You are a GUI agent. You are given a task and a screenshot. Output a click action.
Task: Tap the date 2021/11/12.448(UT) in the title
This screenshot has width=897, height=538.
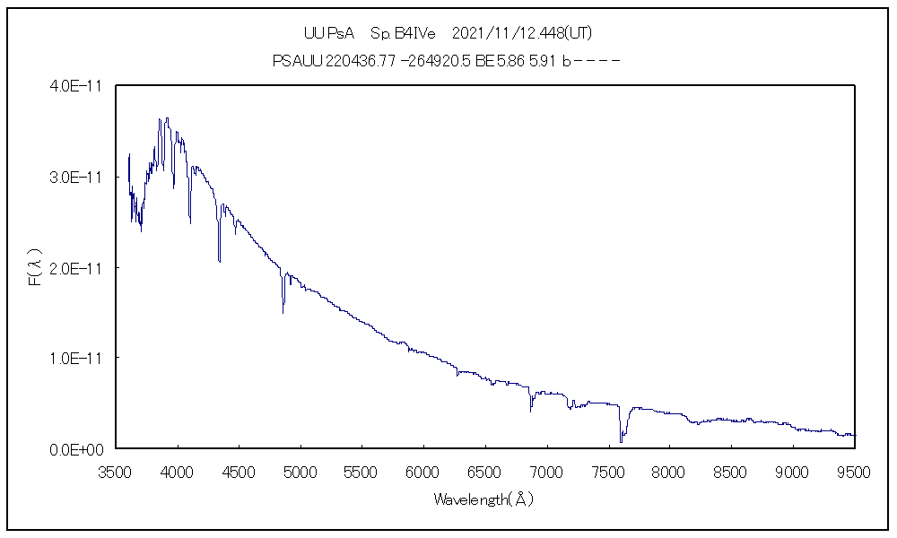point(522,33)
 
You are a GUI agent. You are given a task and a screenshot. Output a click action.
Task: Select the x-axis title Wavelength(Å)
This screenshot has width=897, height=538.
point(483,499)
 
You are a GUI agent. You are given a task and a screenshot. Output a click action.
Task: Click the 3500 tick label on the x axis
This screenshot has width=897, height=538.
point(116,470)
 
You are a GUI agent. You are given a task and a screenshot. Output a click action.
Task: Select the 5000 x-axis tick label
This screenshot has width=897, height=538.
point(300,470)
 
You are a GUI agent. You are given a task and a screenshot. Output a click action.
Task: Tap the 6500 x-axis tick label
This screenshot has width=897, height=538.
point(484,470)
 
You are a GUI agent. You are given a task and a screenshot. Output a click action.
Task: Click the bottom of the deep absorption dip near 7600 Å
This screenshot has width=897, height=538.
point(621,441)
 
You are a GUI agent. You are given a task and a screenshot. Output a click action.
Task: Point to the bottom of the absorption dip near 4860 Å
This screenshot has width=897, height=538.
point(283,312)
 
